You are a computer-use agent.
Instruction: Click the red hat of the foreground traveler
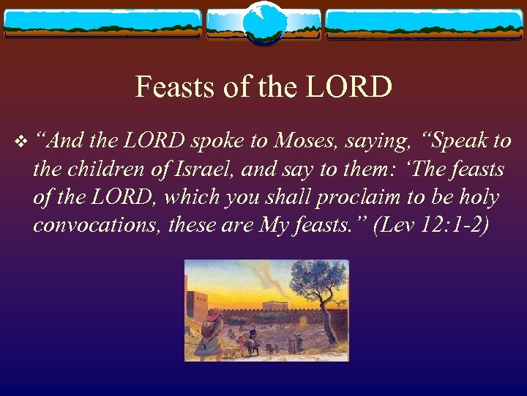point(212,316)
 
